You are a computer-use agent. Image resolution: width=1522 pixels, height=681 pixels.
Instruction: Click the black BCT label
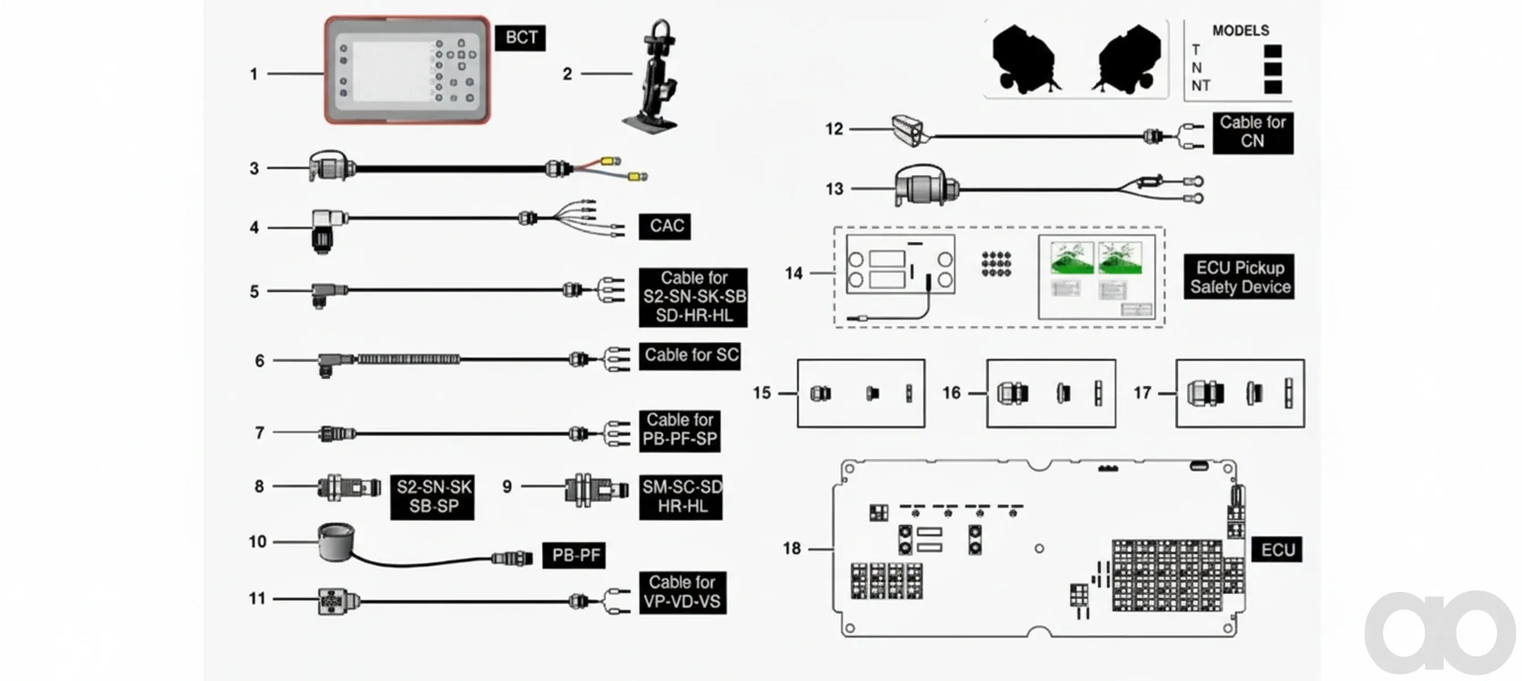520,38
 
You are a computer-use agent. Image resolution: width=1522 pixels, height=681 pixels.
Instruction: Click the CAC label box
665,226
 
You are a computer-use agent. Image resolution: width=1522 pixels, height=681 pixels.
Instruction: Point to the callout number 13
834,189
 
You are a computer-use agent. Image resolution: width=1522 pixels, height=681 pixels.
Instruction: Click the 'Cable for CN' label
1252,132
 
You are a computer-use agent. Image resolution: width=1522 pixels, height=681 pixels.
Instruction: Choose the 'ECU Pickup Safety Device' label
1239,277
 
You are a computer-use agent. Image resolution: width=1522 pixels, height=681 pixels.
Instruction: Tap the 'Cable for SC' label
690,356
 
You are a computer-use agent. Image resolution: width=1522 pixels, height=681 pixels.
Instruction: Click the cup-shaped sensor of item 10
336,541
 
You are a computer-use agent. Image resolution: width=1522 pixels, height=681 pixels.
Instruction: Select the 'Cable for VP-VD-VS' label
683,592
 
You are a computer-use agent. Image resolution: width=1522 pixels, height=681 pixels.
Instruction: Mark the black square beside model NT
1273,87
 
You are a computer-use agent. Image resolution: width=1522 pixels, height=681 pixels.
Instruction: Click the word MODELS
1241,30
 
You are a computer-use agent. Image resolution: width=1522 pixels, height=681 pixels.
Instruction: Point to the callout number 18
792,549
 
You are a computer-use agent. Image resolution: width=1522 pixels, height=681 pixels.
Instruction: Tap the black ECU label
1277,550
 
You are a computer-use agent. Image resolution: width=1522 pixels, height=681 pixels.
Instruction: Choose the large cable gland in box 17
1205,393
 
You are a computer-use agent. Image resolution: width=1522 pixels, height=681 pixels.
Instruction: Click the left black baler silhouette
1025,58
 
